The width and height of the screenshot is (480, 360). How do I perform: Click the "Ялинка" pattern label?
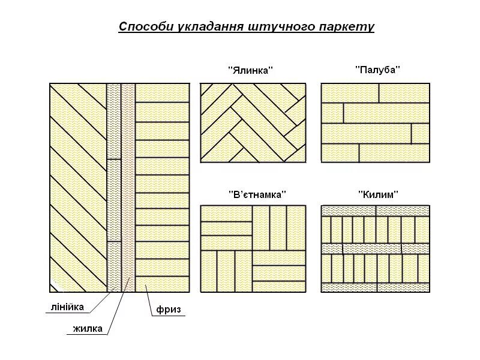pos(250,70)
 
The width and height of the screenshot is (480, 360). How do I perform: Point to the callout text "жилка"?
pos(88,328)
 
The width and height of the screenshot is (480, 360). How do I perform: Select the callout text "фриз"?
pos(168,310)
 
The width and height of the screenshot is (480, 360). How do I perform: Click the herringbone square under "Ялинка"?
pos(253,123)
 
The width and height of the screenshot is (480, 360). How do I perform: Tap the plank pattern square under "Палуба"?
pos(376,123)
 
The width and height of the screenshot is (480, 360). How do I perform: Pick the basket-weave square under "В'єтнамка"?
pos(253,249)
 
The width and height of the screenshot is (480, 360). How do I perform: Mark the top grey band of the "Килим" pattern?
pos(376,210)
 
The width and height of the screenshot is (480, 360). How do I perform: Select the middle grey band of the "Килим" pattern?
pos(376,248)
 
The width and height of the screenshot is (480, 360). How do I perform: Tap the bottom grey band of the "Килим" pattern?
pos(376,287)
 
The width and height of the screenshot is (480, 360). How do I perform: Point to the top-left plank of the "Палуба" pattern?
pos(350,93)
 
